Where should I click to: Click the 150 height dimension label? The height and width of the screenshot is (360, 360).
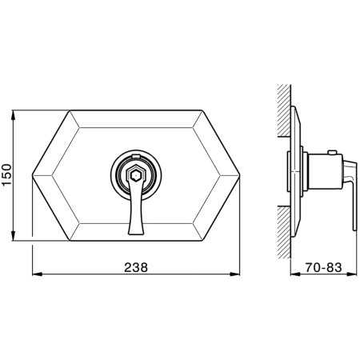coord(6,175)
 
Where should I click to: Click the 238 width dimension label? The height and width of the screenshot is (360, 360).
coord(136,267)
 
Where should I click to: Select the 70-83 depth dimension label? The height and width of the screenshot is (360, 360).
coord(323,267)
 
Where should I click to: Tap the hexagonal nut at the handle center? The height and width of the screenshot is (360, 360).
coord(136,175)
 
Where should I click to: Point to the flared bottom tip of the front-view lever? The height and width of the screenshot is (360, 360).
coord(136,233)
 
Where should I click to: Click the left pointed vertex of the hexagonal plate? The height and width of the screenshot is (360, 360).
coord(33,175)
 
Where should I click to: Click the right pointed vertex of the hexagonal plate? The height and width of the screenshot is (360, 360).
coord(239,175)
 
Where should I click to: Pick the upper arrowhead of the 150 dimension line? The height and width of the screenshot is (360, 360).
coord(13,114)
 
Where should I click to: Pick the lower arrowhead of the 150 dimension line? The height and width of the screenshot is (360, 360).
coord(13,236)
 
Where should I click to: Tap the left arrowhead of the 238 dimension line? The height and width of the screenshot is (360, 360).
coord(38,274)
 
